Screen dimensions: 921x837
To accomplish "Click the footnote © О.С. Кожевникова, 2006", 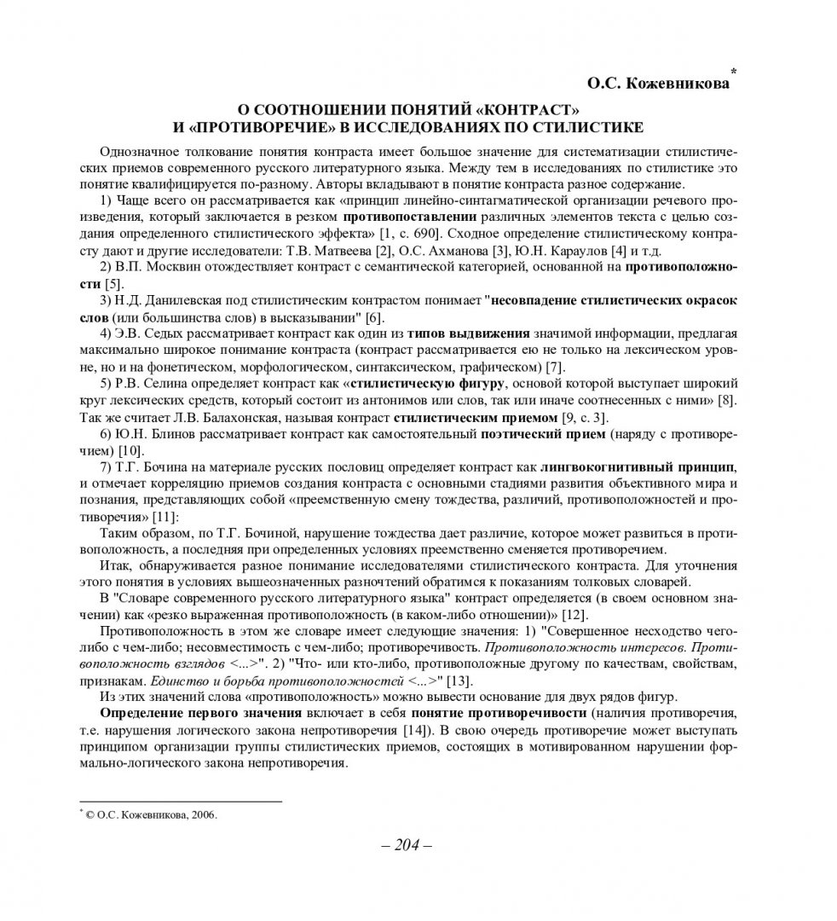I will point(150,814).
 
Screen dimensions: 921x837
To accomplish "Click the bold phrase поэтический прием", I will point(542,434).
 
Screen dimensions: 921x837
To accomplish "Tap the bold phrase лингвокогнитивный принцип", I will point(638,467).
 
